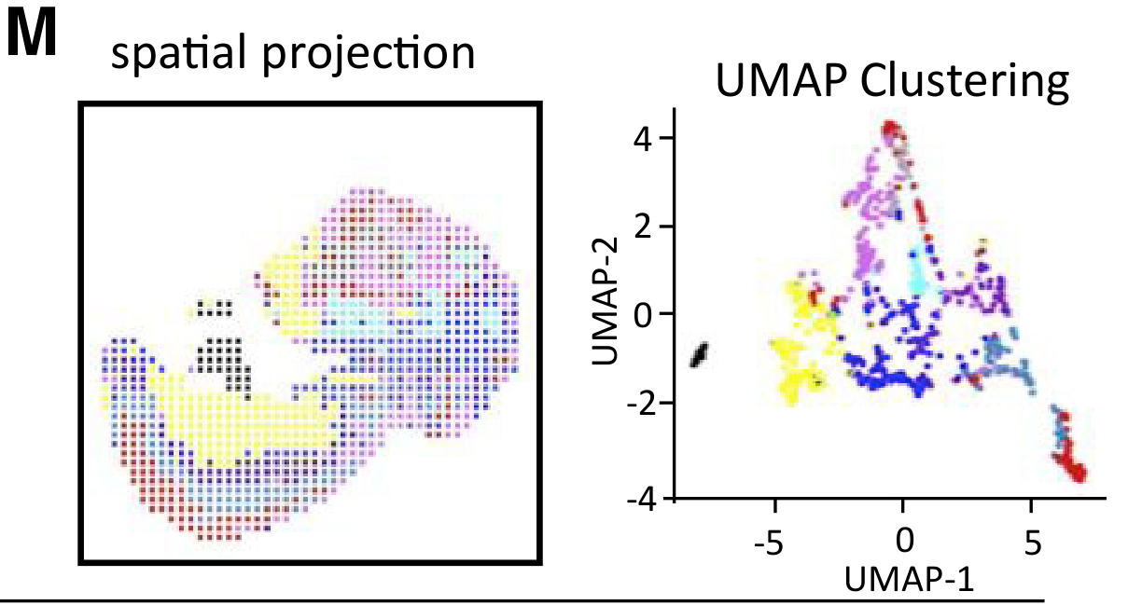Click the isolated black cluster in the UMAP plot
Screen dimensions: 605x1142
point(700,355)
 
